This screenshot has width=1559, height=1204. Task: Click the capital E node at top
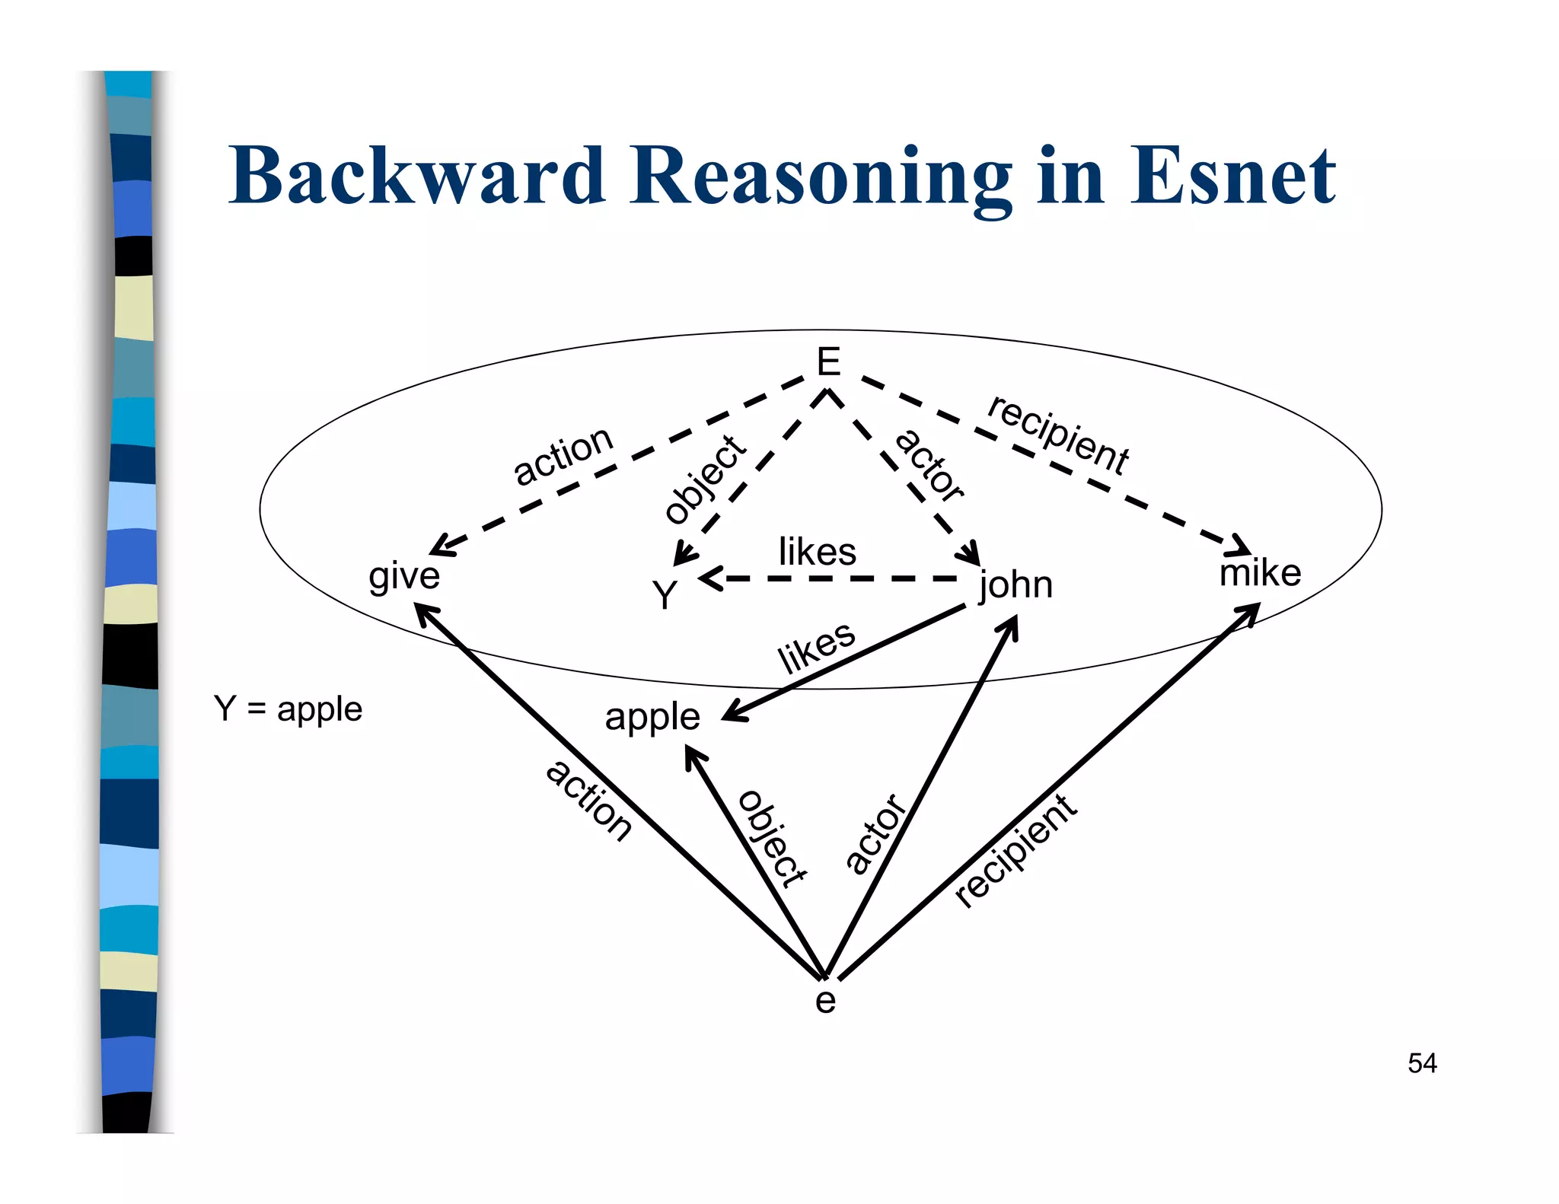coord(827,362)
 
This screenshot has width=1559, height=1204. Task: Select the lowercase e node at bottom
coord(825,1001)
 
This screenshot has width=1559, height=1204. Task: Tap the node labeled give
coord(403,576)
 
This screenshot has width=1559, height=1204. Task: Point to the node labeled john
coord(1015,585)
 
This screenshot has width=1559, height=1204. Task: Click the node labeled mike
coord(1260,573)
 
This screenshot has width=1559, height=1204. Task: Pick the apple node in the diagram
coord(652,717)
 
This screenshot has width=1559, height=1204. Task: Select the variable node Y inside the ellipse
coord(665,595)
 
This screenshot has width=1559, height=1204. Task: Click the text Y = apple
coord(288,709)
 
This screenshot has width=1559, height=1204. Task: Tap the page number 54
coord(1421,1063)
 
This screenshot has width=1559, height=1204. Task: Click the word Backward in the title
coord(417,177)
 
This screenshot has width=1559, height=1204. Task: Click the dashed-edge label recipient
coord(1058,435)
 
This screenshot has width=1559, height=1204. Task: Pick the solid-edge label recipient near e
coord(1015,850)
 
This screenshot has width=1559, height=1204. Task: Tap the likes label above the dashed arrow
coord(817,552)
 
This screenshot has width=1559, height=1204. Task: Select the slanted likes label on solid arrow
coord(816,648)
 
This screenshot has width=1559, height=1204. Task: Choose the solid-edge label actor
coord(875,833)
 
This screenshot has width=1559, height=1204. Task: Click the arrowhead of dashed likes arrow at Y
coord(708,579)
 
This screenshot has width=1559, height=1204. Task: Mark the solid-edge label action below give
coord(588,801)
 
